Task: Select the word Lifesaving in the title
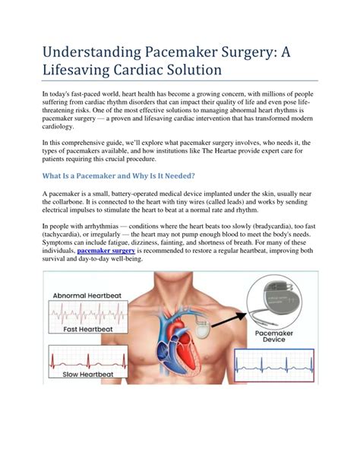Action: point(82,69)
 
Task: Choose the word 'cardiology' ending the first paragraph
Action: point(62,126)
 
